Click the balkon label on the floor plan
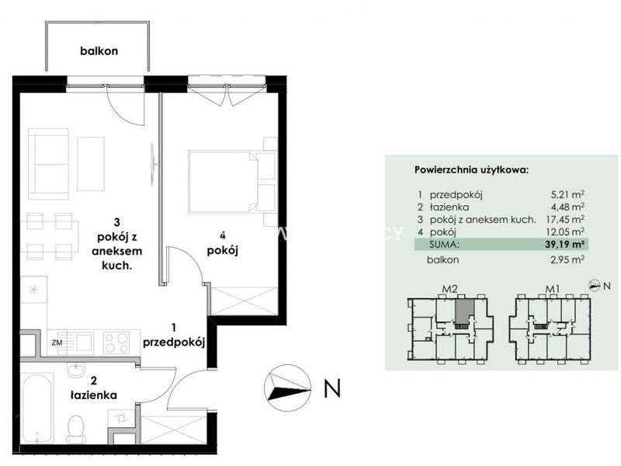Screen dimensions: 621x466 click(99, 51)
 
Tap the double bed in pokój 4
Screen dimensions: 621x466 click(232, 181)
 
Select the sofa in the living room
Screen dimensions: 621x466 click(49, 164)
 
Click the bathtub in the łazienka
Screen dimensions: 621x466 click(37, 409)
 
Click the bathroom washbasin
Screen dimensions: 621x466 click(75, 370)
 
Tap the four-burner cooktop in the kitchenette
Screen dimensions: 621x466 click(116, 343)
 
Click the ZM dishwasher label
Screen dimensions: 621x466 click(57, 343)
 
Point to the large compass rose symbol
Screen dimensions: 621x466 click(287, 388)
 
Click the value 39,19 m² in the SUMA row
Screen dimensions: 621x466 click(565, 244)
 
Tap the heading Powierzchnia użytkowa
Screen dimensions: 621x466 click(471, 170)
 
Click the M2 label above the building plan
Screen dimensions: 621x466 click(449, 289)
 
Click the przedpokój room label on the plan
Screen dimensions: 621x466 click(174, 342)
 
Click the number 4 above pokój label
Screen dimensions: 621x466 click(223, 236)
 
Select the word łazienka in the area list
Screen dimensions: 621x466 click(449, 207)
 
